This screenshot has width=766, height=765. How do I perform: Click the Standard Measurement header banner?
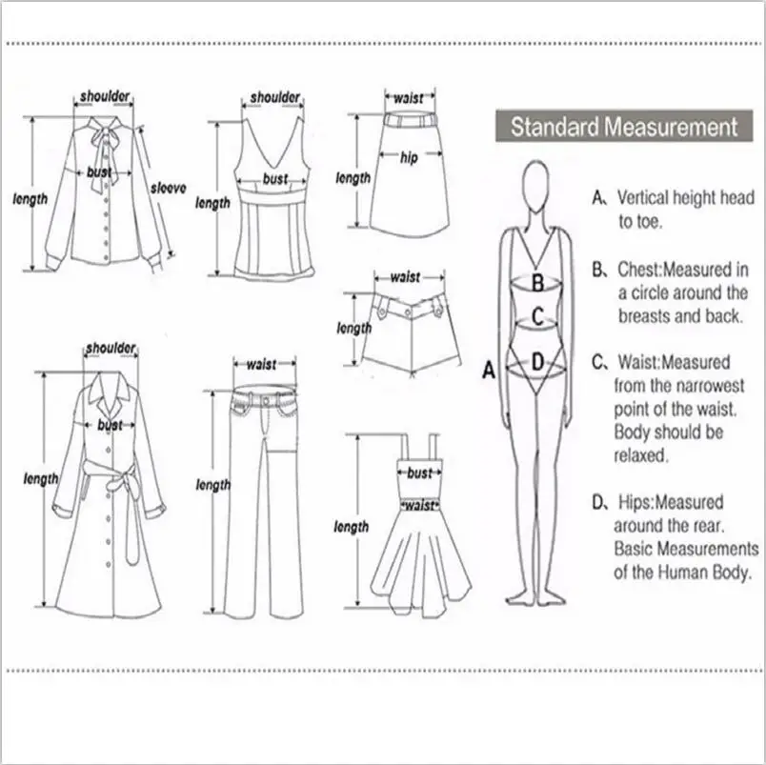click(624, 127)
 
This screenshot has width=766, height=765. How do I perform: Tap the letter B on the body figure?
click(537, 282)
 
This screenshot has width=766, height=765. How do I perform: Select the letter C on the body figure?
click(537, 315)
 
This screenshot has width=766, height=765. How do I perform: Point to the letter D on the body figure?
click(537, 361)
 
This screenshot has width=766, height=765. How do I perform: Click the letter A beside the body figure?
click(489, 371)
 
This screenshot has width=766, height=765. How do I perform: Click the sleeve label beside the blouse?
click(169, 188)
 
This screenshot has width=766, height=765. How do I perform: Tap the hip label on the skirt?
click(409, 157)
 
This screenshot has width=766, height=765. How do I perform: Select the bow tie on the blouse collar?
click(101, 142)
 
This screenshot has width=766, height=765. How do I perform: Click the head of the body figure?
click(537, 180)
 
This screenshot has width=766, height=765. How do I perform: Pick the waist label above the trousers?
click(261, 364)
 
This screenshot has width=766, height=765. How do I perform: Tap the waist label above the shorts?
click(405, 277)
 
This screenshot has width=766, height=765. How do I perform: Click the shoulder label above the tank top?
click(275, 97)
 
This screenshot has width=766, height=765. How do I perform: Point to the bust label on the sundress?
click(419, 473)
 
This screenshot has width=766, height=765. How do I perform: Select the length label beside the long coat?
click(40, 478)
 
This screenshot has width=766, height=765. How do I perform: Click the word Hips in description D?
click(635, 502)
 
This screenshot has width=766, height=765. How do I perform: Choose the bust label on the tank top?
click(274, 179)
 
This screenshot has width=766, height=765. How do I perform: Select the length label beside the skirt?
click(353, 178)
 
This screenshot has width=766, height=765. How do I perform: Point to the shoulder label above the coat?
click(111, 349)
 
